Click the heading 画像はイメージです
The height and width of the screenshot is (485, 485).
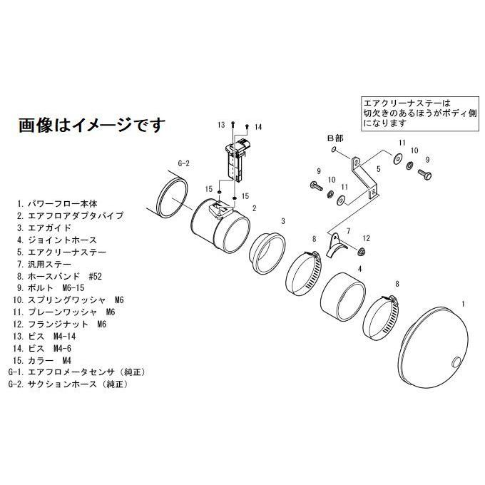[x=91, y=126]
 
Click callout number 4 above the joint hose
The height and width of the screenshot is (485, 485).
[x=359, y=270]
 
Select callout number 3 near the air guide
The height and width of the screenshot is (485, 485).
[x=283, y=221]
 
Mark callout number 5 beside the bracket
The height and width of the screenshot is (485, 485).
[x=378, y=170]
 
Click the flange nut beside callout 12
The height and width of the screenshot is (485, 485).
[x=362, y=251]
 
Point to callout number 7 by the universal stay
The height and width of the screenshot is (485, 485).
[x=349, y=232]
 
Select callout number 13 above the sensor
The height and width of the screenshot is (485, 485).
[x=222, y=126]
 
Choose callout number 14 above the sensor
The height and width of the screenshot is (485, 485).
[x=258, y=127]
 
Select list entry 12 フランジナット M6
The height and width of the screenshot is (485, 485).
[x=61, y=324]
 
